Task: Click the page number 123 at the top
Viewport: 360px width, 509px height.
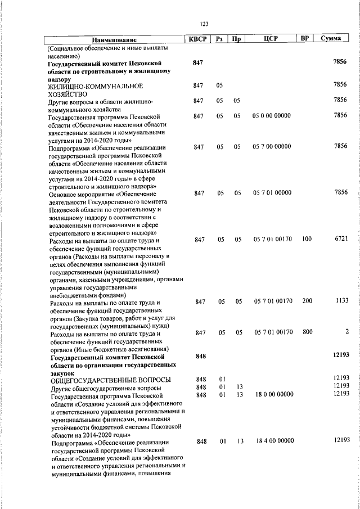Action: pos(204,24)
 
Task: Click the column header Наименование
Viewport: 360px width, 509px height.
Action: pos(114,40)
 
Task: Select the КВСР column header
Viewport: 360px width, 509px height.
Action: pos(197,39)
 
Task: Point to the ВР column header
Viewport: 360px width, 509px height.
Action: pos(305,39)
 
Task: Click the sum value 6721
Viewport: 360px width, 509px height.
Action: pos(341,239)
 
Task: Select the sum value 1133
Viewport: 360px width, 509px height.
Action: pos(341,301)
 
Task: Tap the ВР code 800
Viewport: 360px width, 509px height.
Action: pos(307,332)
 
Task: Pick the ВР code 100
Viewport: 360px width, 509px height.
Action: pos(307,239)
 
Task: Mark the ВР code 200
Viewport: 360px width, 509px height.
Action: pos(307,301)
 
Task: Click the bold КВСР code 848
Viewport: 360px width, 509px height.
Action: pos(201,357)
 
